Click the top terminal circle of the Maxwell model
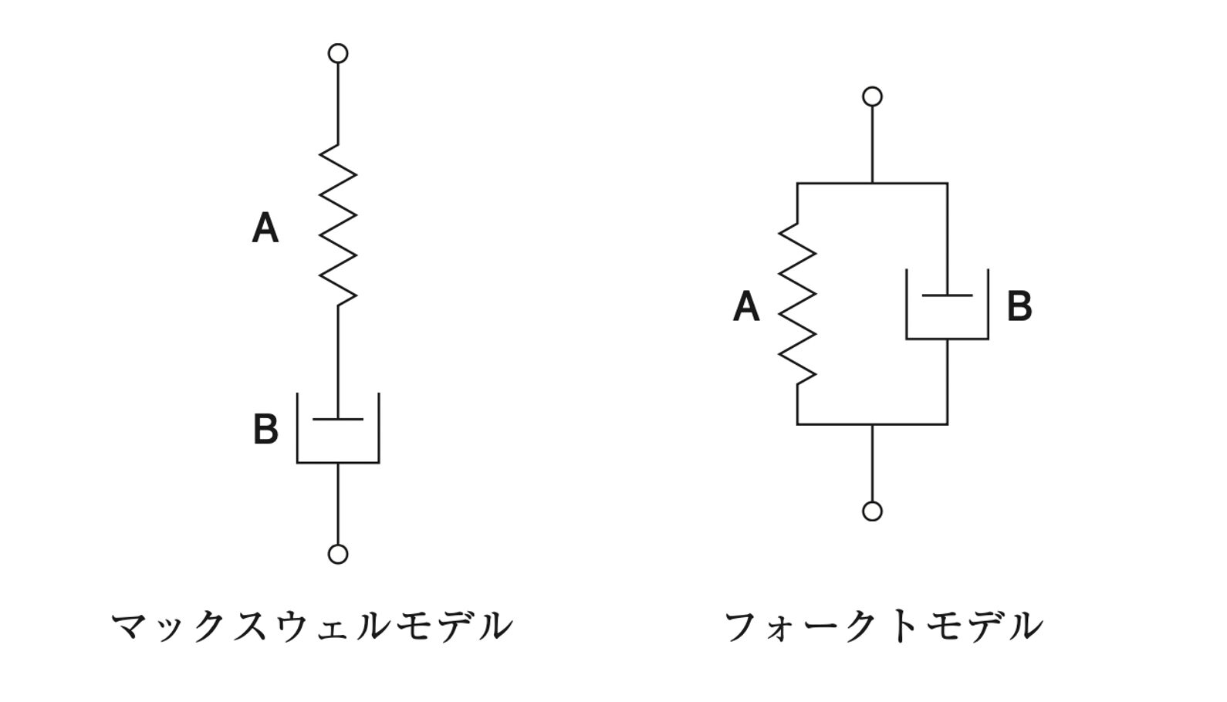338,53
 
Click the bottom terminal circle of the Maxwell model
338,554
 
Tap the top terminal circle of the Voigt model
872,96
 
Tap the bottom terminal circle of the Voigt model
872,511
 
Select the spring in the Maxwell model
338,224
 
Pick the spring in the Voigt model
797,303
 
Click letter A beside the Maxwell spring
265,228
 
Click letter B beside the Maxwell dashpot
265,430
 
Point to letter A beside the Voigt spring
745,306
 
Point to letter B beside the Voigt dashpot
1019,306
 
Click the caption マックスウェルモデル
312,626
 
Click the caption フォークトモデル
883,626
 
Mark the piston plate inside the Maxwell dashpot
338,419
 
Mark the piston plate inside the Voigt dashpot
947,295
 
